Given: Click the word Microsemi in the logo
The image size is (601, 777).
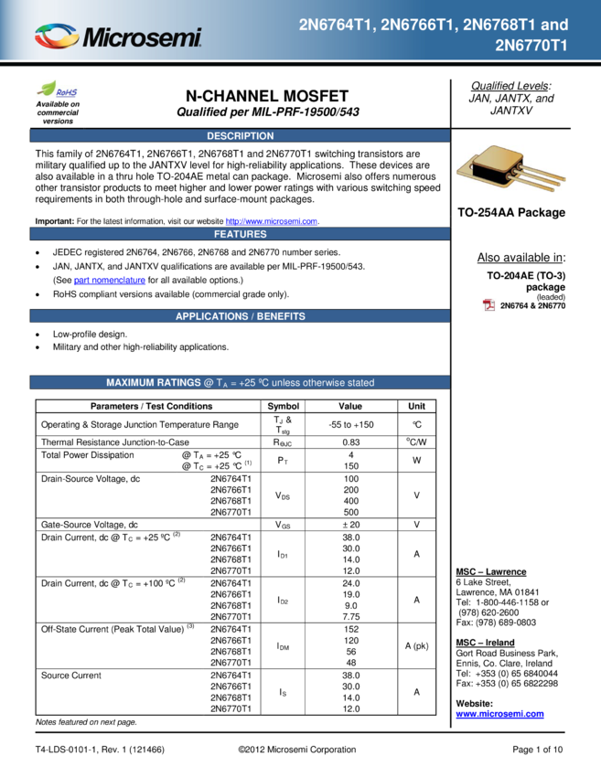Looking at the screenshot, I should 142,37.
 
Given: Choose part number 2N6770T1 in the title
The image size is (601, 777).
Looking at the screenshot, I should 531,44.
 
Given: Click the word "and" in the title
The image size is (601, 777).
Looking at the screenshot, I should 555,25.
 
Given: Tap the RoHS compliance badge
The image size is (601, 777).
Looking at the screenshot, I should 58,90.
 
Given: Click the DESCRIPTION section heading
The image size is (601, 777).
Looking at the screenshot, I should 240,136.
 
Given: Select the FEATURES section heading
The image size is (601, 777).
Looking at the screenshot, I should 240,234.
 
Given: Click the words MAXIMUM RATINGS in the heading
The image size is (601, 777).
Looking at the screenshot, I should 153,383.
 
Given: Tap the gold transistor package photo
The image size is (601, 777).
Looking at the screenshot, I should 511,169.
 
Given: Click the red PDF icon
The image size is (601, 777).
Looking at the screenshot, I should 489,305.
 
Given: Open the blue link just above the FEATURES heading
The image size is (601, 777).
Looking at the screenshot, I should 272,221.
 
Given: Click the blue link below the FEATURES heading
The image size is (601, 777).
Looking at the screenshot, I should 110,281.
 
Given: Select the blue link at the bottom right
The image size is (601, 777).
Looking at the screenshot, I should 499,714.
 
